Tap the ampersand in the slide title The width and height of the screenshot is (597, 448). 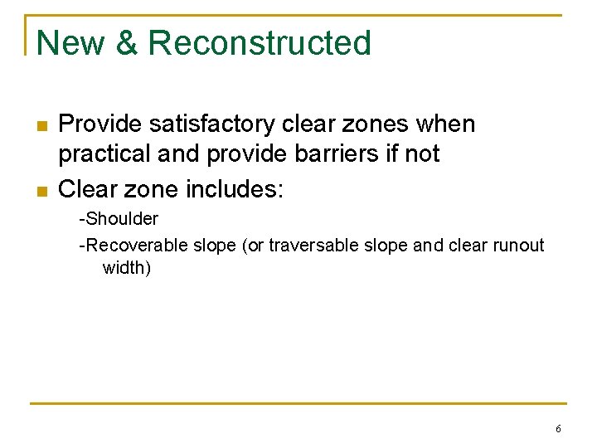tap(127, 43)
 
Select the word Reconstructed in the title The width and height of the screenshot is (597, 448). tap(260, 43)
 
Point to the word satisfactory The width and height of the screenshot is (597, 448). tap(205, 124)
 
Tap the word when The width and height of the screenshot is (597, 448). tap(446, 124)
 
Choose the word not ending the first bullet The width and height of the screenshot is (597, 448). tap(421, 155)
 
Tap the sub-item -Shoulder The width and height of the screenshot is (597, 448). tap(119, 220)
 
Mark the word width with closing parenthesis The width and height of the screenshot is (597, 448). tap(127, 268)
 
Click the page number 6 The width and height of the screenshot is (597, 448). tap(558, 429)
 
